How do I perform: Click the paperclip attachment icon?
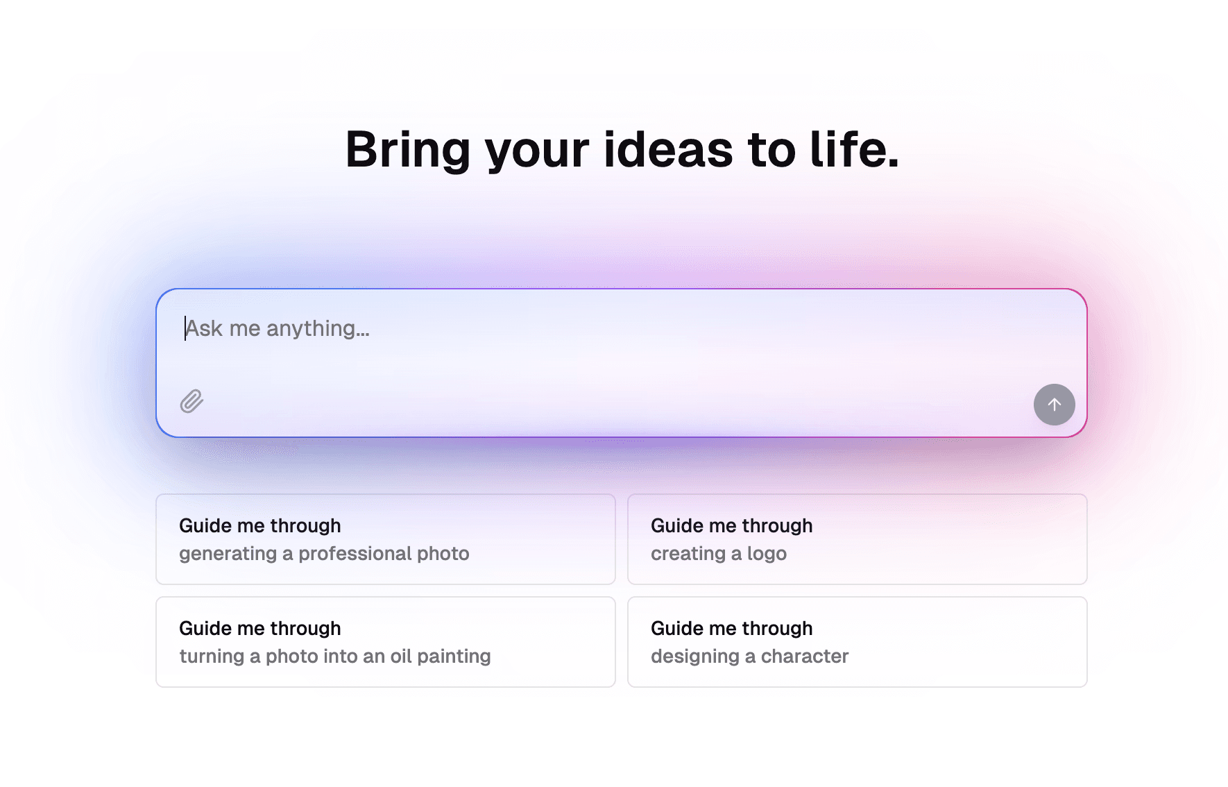pyautogui.click(x=191, y=401)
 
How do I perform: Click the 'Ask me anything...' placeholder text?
pyautogui.click(x=278, y=328)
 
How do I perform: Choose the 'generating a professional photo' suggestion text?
pyautogui.click(x=324, y=554)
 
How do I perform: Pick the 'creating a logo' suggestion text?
pyautogui.click(x=719, y=554)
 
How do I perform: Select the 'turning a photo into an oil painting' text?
pyautogui.click(x=335, y=657)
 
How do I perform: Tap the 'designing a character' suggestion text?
pyautogui.click(x=749, y=657)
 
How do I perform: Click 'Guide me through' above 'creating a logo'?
pyautogui.click(x=731, y=526)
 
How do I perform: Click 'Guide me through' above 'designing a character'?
pyautogui.click(x=731, y=629)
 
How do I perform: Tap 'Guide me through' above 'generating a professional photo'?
pyautogui.click(x=259, y=526)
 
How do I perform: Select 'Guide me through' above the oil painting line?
pyautogui.click(x=259, y=629)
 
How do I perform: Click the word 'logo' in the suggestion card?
pyautogui.click(x=767, y=555)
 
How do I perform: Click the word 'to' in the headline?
pyautogui.click(x=771, y=150)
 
